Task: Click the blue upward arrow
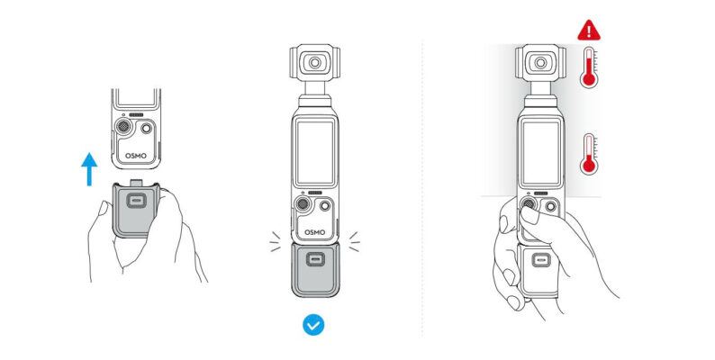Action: pos(88,168)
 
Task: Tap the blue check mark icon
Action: pos(313,324)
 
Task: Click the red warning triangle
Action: pos(588,29)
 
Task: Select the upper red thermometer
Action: pos(590,68)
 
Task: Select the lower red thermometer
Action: pos(590,154)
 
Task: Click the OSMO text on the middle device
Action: pos(314,231)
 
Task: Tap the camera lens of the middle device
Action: pos(314,64)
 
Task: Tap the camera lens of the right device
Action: pos(540,64)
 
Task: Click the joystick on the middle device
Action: pos(303,209)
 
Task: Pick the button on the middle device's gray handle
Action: pos(314,260)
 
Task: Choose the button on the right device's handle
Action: pos(541,261)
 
